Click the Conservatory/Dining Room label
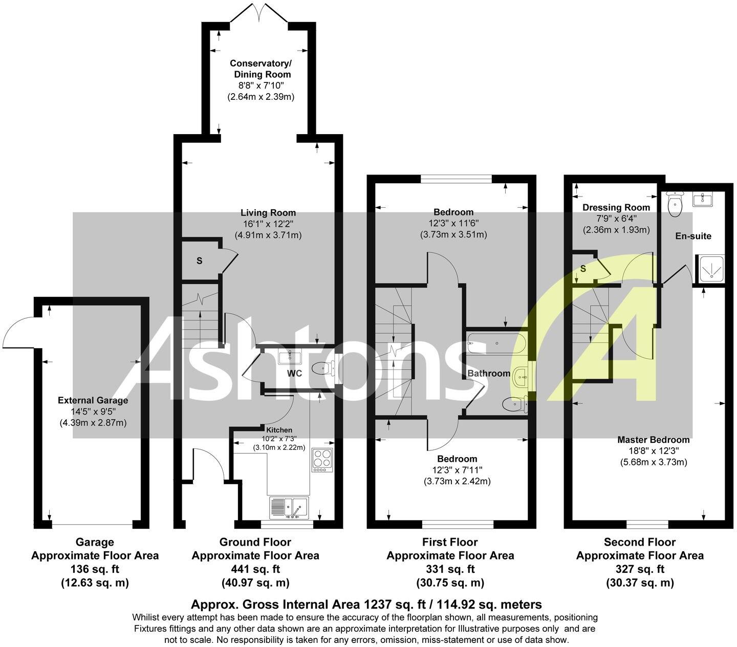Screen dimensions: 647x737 click(x=261, y=69)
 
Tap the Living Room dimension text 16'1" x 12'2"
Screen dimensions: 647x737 click(x=268, y=224)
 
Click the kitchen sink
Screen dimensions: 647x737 click(x=289, y=509)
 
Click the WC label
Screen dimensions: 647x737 click(x=294, y=373)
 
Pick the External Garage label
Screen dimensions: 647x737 click(x=93, y=400)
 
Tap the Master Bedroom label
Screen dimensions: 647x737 click(x=653, y=440)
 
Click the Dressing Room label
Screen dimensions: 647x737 click(x=616, y=207)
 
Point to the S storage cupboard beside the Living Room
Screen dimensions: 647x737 click(x=200, y=261)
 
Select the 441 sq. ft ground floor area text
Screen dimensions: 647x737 click(x=255, y=569)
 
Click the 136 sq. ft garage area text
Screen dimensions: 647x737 click(x=95, y=569)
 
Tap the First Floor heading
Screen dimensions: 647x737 click(x=450, y=542)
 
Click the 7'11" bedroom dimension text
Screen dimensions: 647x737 click(x=457, y=470)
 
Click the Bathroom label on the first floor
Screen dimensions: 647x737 click(x=489, y=373)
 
